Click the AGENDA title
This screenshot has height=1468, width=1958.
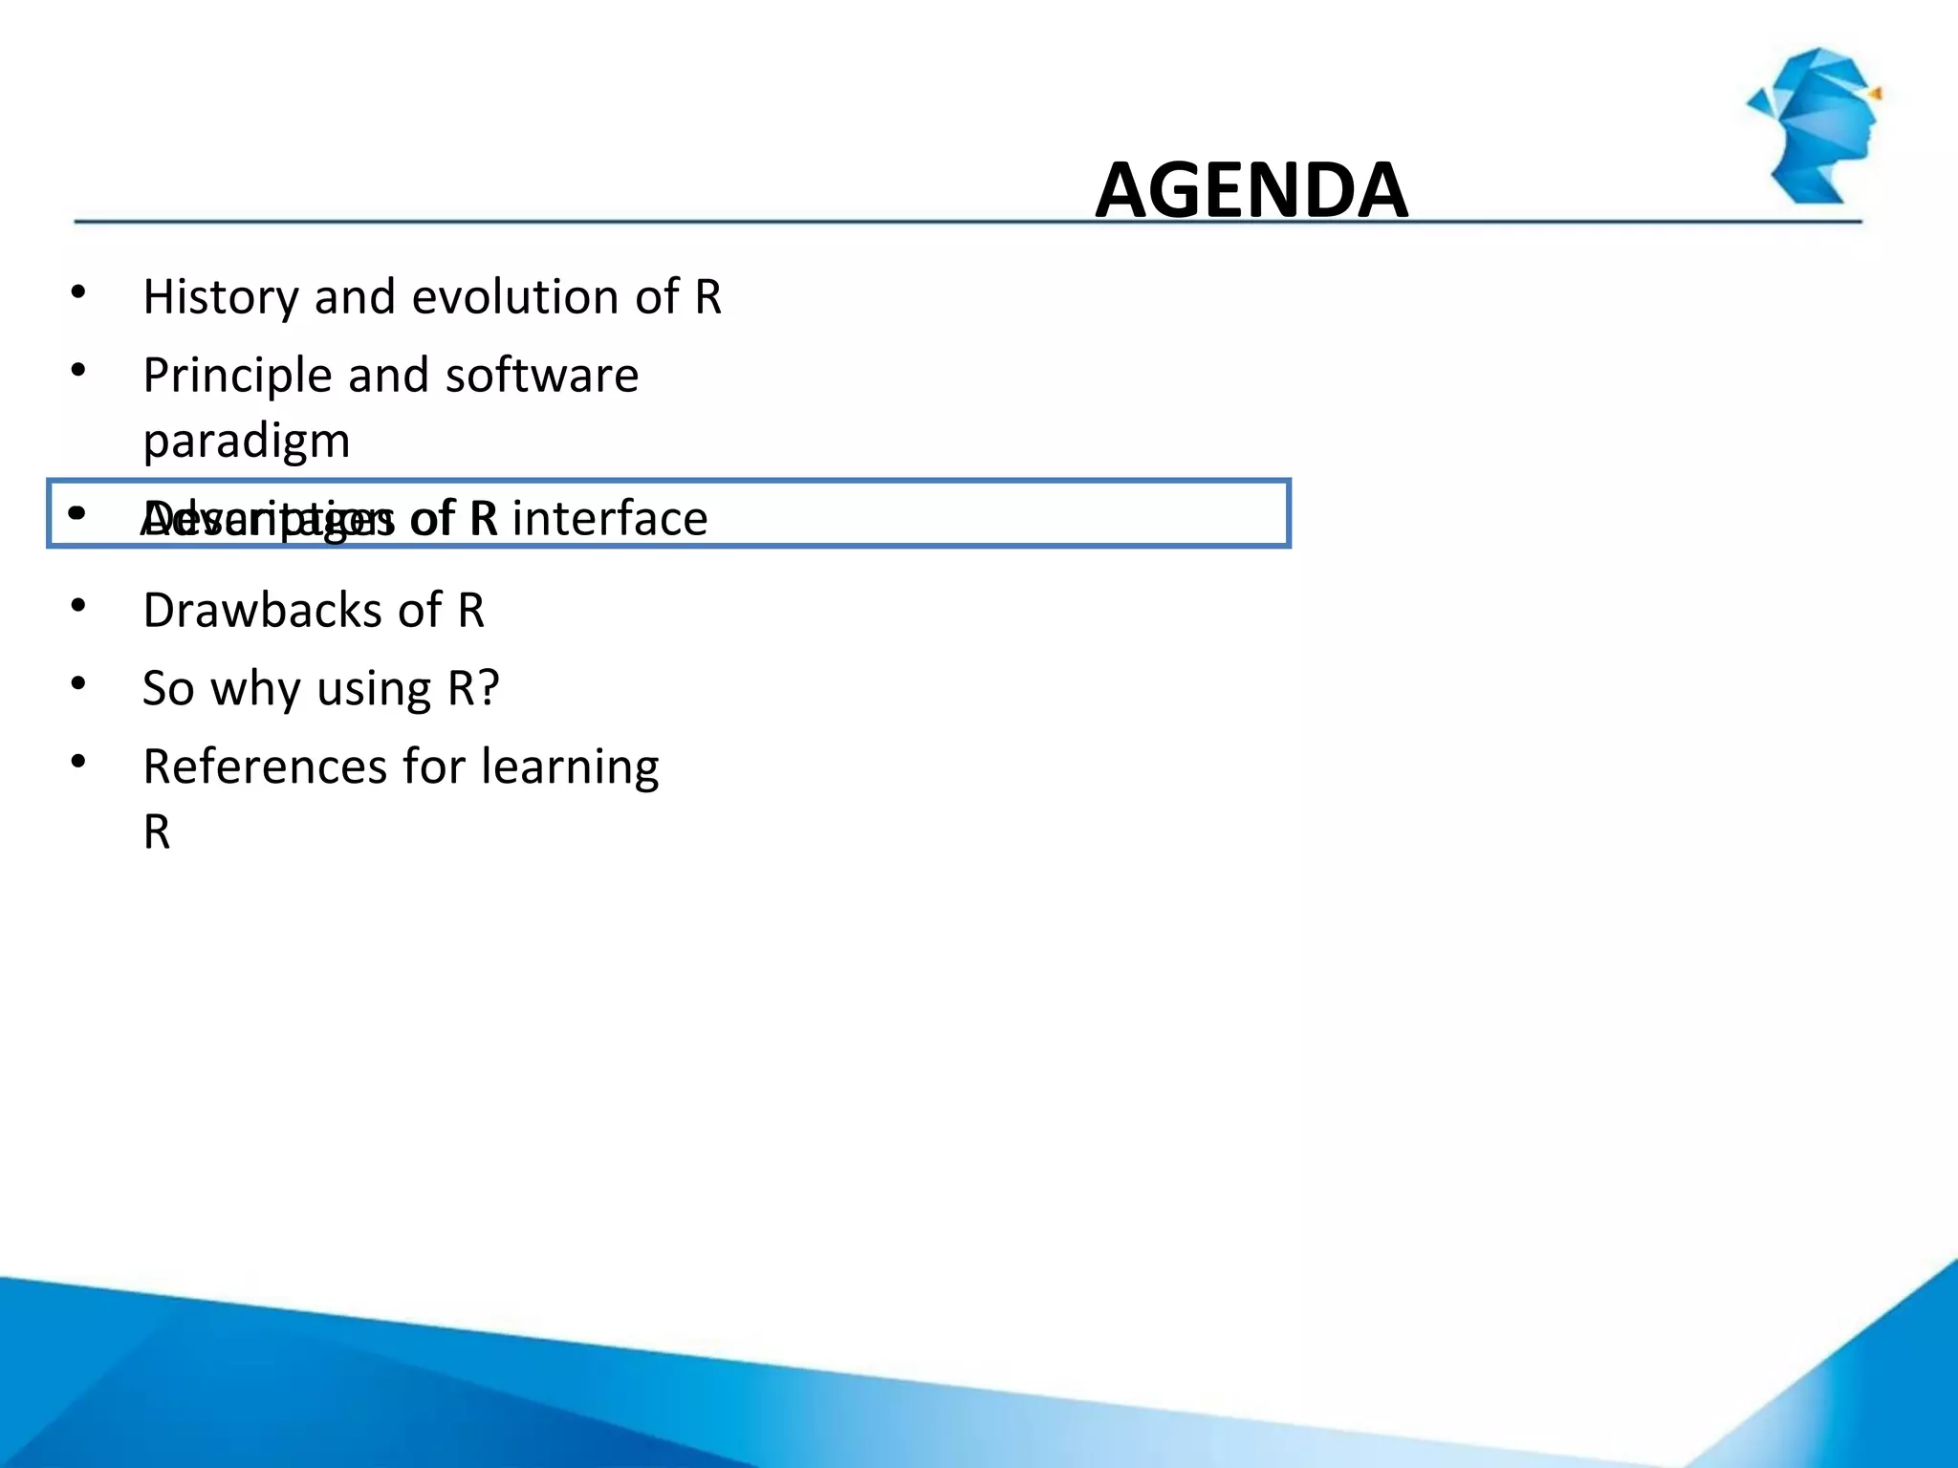point(1251,189)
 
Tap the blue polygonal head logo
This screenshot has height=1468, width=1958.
point(1817,124)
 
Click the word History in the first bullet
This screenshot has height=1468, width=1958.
point(221,297)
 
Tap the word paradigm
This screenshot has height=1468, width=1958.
point(247,442)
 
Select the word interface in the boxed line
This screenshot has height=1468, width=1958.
point(610,519)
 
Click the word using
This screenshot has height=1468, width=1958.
point(374,689)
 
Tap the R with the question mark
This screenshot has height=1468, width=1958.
point(473,688)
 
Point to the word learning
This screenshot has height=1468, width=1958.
point(570,767)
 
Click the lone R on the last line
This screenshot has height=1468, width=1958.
point(157,832)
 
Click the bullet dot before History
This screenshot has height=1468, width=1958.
point(78,291)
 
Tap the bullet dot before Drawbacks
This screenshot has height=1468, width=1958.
point(78,605)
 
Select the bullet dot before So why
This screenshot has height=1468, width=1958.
point(78,683)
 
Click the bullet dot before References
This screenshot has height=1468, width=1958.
point(78,762)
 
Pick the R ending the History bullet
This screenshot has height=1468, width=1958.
point(708,297)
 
